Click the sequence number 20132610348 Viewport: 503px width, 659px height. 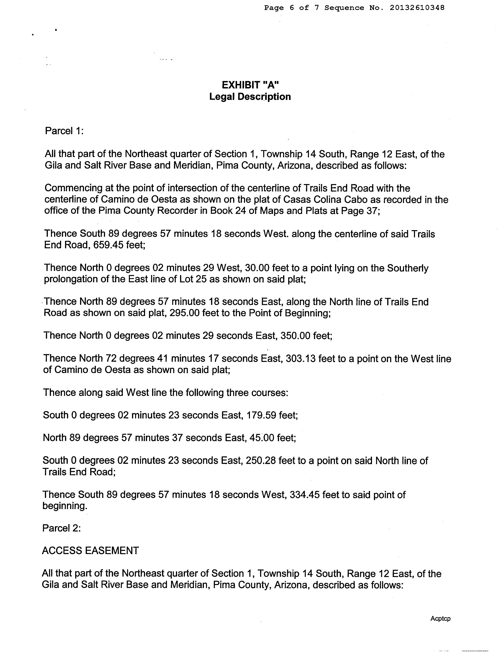pyautogui.click(x=417, y=8)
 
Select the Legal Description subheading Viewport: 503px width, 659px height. pyautogui.click(x=250, y=97)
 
